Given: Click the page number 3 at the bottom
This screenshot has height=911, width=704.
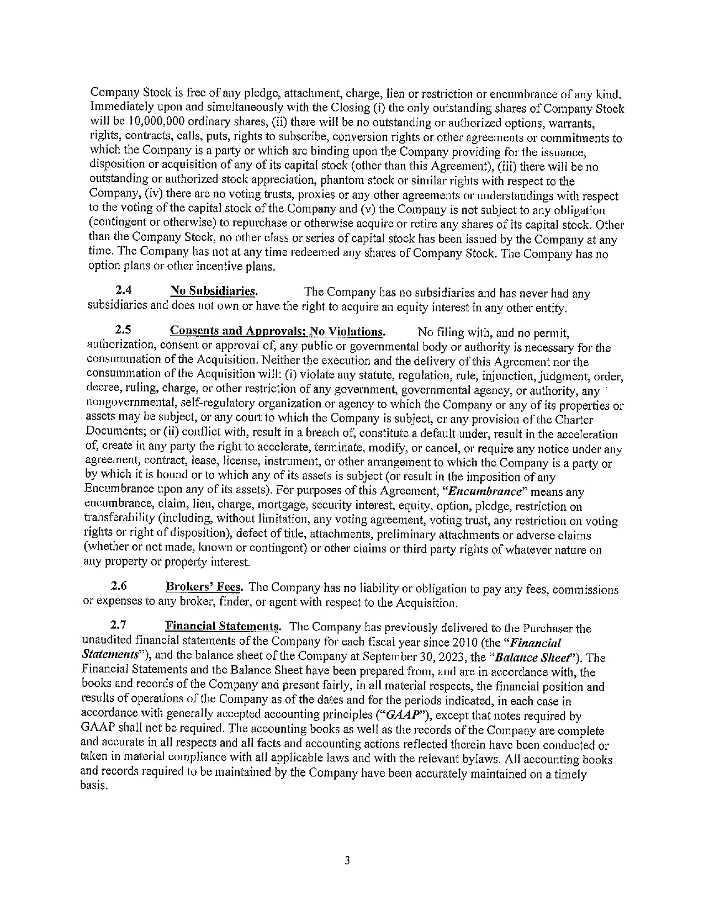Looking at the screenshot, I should pyautogui.click(x=347, y=861).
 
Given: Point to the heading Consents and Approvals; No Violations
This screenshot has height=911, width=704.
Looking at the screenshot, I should pyautogui.click(x=278, y=331).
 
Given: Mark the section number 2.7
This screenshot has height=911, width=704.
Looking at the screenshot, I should pyautogui.click(x=119, y=626).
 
